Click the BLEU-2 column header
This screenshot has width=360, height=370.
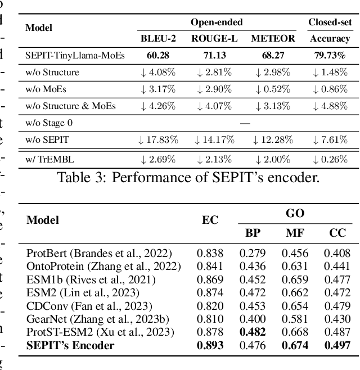pyautogui.click(x=158, y=39)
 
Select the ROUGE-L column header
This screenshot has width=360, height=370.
pyautogui.click(x=216, y=39)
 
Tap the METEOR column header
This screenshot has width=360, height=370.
pyautogui.click(x=273, y=39)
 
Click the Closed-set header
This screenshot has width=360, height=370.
pyautogui.click(x=330, y=22)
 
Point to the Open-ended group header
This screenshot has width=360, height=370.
pyautogui.click(x=217, y=22)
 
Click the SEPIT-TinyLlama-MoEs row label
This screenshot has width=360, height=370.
pyautogui.click(x=75, y=55)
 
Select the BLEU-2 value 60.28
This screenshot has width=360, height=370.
pyautogui.click(x=158, y=55)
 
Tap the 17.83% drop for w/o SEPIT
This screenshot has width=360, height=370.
pyautogui.click(x=158, y=139)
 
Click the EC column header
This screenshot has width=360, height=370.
pyautogui.click(x=210, y=220)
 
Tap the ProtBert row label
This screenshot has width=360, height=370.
pyautogui.click(x=99, y=254)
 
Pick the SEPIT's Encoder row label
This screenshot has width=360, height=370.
pyautogui.click(x=70, y=345)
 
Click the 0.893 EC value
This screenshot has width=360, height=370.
pyautogui.click(x=210, y=345)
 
